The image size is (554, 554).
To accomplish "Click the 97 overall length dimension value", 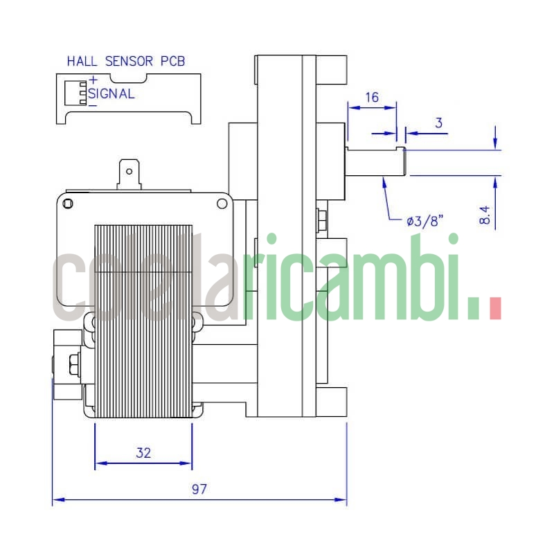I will [199, 489].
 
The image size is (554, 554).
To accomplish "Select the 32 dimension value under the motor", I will [143, 454].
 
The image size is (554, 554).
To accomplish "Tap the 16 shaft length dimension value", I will [372, 97].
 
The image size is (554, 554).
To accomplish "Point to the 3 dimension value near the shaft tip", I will [438, 123].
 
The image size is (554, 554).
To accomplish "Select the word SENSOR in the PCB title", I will [129, 61].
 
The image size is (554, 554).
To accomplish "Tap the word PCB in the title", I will [172, 61].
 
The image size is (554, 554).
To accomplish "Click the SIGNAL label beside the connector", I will [111, 93].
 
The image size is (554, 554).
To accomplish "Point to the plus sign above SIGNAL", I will [92, 81].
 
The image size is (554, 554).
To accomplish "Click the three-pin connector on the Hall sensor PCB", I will [82, 93].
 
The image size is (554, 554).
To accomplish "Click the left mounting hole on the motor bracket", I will [68, 203].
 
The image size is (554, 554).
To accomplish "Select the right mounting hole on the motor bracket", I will [222, 203].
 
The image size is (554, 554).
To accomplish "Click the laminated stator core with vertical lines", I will [143, 319].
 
